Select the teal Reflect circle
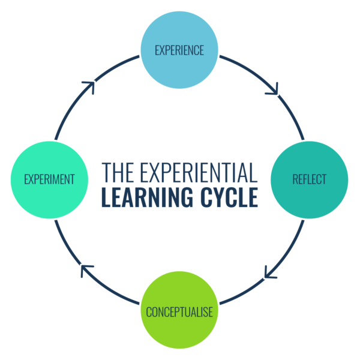[x=310, y=179]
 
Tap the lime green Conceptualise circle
[x=179, y=312]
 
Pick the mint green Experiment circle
[x=49, y=179]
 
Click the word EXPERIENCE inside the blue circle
[x=179, y=50]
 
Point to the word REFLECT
[x=310, y=179]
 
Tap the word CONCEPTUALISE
[x=179, y=313]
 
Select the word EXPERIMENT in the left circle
[x=49, y=179]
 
